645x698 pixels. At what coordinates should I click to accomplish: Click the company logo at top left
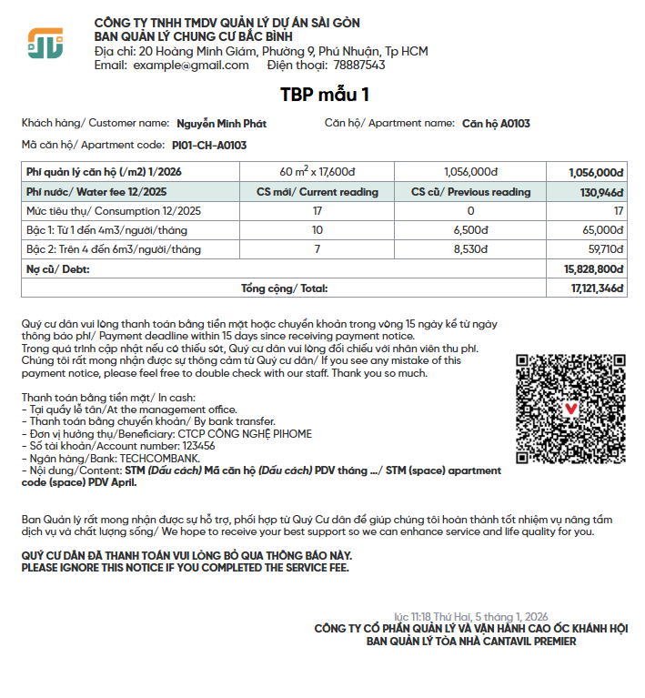45,43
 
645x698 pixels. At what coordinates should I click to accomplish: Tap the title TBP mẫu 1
325,94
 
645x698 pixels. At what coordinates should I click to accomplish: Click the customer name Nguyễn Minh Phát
221,124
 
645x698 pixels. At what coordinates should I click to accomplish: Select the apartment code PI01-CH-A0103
209,145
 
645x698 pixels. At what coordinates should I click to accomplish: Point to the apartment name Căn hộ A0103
496,124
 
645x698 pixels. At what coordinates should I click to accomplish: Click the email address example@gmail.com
191,66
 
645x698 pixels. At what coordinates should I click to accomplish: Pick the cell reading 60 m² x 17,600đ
317,172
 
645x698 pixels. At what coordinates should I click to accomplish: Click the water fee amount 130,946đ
601,192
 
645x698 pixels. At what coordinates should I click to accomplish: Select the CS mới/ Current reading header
317,192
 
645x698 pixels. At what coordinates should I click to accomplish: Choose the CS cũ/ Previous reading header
470,192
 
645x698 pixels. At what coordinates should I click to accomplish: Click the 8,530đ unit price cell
470,248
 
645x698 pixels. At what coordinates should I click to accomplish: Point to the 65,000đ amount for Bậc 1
603,230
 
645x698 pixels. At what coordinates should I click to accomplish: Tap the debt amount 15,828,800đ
593,269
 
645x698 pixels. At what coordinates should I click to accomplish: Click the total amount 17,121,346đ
597,288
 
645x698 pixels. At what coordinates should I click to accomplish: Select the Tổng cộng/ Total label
284,288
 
